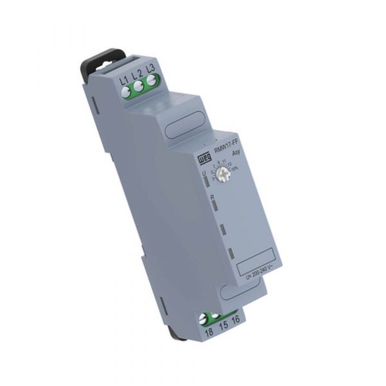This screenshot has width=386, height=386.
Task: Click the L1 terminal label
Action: click(124, 80)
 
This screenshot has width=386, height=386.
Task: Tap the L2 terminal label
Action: click(137, 75)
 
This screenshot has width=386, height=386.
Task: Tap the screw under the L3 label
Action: click(152, 80)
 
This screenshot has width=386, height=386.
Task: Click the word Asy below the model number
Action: click(235, 155)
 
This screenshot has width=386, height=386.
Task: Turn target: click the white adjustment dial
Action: click(225, 175)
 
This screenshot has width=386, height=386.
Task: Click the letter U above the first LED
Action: click(203, 173)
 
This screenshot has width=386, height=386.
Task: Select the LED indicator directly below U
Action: click(206, 183)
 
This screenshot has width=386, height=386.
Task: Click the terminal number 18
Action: click(208, 332)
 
